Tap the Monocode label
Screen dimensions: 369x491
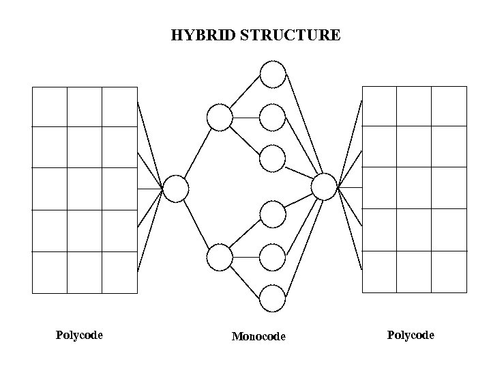click(258, 336)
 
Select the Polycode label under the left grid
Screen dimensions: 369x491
click(79, 335)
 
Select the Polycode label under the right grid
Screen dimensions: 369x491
click(411, 335)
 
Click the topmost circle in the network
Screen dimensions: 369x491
click(273, 74)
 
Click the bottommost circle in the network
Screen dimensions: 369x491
click(273, 299)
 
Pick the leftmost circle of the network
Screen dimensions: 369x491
click(175, 189)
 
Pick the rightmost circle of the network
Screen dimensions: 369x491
click(324, 187)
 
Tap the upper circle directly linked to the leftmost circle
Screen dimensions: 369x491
click(220, 118)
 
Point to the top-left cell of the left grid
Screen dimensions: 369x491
click(50, 107)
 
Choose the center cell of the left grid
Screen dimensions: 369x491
click(85, 189)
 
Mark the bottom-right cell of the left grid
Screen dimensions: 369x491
click(119, 272)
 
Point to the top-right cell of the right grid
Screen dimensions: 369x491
click(449, 107)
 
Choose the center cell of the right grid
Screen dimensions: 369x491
click(414, 189)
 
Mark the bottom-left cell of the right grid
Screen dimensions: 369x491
click(379, 271)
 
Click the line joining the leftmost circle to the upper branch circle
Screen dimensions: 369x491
click(198, 153)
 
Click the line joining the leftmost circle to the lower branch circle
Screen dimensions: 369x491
click(198, 223)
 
